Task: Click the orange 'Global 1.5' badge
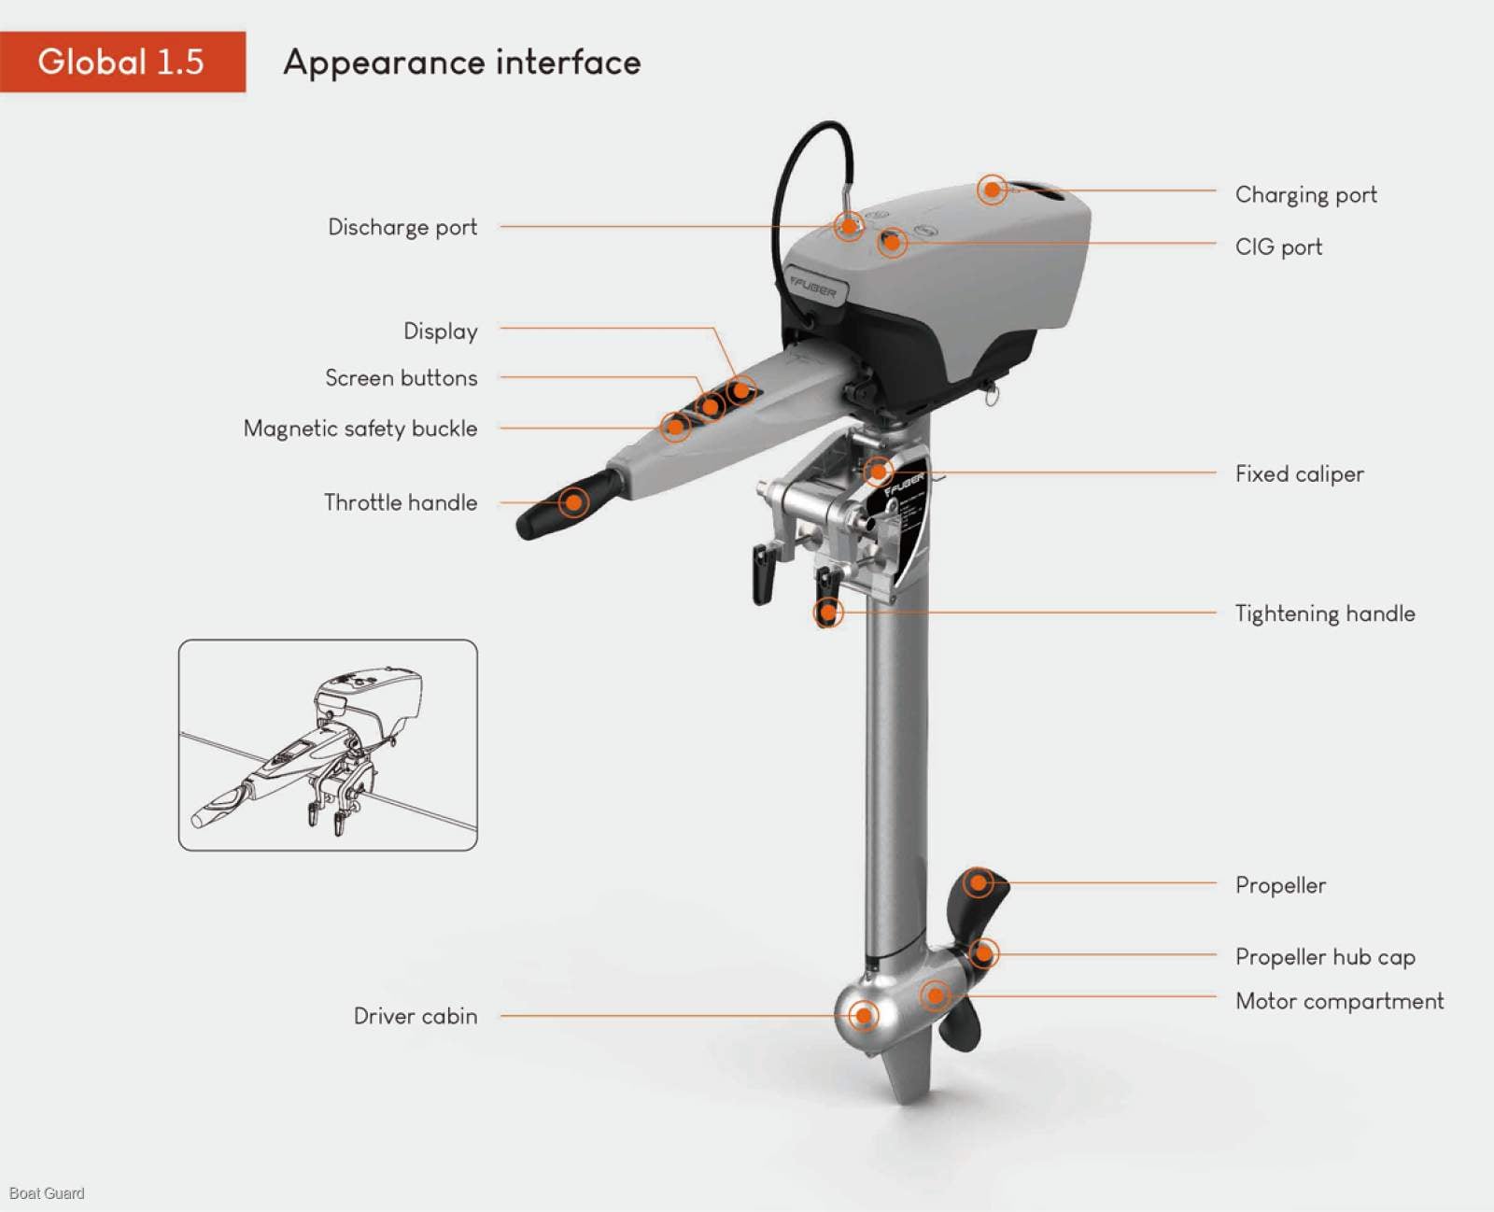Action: pos(121,62)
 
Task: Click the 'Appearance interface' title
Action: pos(462,63)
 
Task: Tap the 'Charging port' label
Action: pos(1305,194)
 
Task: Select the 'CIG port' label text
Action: pos(1278,247)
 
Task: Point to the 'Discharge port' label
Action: pos(402,227)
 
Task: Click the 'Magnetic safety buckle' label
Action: pos(360,429)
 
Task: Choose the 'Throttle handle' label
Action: pos(401,502)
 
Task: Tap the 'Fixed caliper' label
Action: pos(1299,473)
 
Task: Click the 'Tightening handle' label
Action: pos(1324,613)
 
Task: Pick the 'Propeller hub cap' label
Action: pos(1324,956)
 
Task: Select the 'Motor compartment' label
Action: pos(1339,1001)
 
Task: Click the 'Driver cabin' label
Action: pos(416,1016)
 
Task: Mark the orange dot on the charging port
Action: pos(992,190)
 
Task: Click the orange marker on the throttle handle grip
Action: pos(573,502)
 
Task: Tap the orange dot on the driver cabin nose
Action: pos(864,1015)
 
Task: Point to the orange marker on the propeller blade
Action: pos(978,881)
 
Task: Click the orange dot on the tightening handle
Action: pos(826,613)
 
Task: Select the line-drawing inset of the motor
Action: pos(328,745)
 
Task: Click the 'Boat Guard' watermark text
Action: pos(47,1192)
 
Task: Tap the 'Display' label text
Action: pos(440,331)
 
